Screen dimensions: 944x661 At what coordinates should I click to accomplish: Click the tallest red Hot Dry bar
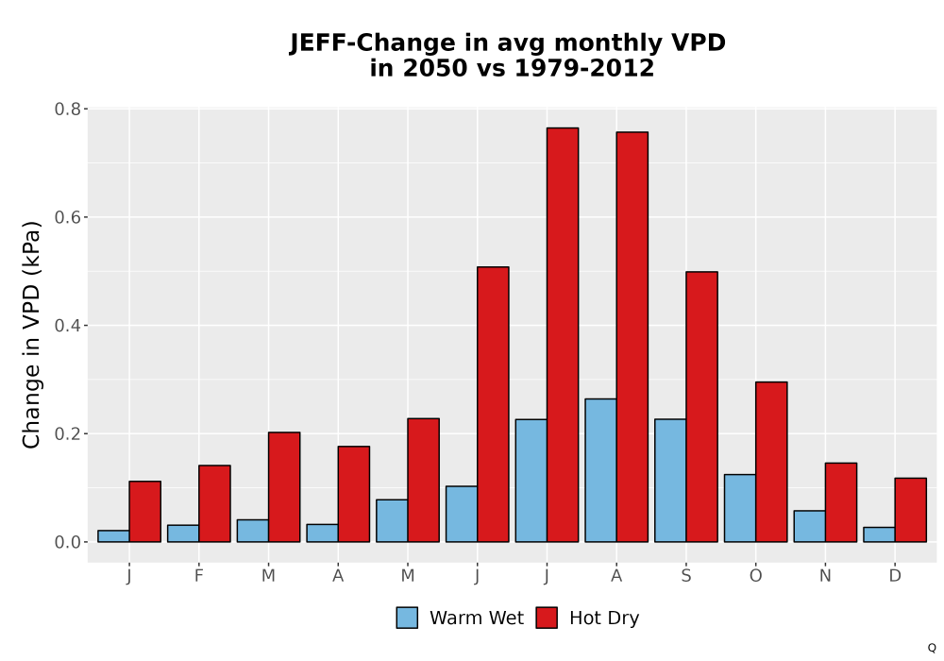(563, 334)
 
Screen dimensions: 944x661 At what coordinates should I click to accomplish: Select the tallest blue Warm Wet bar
(600, 470)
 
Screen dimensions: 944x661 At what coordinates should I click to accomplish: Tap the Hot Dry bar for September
(702, 407)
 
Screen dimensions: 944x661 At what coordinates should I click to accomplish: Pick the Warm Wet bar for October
(740, 508)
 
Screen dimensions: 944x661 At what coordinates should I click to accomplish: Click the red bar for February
(214, 503)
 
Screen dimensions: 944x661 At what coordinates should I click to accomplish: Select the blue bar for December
(879, 534)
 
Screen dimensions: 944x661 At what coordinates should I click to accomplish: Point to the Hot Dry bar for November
(841, 502)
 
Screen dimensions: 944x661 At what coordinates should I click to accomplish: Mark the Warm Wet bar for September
(670, 481)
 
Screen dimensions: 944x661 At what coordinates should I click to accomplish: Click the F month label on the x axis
(198, 576)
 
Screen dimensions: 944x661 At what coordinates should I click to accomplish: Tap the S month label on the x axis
(685, 576)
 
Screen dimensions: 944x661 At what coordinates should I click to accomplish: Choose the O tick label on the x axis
(755, 576)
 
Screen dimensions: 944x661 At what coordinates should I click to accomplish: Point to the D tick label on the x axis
(895, 576)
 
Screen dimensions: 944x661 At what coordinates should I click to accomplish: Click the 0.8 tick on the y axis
(67, 109)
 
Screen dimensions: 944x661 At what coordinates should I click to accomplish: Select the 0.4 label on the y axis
(67, 326)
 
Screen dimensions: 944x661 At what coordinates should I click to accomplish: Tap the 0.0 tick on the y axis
(67, 542)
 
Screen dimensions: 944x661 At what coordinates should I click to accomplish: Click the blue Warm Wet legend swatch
(407, 618)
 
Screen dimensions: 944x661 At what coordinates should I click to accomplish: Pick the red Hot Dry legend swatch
(547, 618)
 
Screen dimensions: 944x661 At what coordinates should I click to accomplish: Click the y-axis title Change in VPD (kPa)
(31, 334)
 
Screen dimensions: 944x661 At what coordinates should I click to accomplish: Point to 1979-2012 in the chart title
(584, 68)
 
